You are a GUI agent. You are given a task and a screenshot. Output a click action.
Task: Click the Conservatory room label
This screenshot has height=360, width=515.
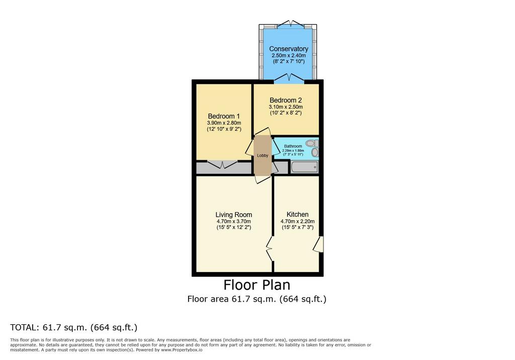pos(289,49)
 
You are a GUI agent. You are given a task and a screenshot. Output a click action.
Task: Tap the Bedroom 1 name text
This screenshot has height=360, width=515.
pos(224,116)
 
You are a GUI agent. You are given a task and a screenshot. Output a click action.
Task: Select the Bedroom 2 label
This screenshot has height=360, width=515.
pos(286,100)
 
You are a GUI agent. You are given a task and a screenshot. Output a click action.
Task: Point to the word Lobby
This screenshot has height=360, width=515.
pos(263,156)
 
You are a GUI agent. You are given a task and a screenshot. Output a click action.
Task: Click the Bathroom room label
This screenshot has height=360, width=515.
pos(293,146)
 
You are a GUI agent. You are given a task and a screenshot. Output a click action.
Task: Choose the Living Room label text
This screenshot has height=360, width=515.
pos(234,215)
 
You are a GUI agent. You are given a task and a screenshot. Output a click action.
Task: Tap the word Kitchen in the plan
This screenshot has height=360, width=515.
pos(298,215)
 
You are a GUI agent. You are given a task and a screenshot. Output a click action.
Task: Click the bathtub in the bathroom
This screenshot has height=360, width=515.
pos(304,167)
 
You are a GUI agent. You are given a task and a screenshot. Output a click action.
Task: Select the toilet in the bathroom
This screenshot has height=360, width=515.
pos(312,143)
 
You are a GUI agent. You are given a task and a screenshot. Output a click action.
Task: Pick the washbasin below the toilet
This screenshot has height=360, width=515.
pos(315,152)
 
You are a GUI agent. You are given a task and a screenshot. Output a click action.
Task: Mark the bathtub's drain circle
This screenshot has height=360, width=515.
pos(315,167)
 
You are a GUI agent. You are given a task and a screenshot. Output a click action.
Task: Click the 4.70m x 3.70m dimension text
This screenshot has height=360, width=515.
pos(234,221)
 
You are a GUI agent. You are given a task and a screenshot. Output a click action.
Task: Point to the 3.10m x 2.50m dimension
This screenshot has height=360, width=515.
pos(286,107)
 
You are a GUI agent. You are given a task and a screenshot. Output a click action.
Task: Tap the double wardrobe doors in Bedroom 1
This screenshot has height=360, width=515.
pos(222,164)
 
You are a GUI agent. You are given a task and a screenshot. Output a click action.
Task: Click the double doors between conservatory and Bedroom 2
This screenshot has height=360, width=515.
pos(289,77)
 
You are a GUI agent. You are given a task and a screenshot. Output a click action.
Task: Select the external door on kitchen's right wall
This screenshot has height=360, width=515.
pos(318,244)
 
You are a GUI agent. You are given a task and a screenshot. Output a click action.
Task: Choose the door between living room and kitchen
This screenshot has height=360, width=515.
pos(270,249)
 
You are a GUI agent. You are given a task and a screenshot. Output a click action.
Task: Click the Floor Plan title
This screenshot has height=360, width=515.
pos(257,285)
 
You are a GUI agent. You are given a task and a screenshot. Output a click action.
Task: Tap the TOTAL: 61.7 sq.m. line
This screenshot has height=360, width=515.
pos(73,327)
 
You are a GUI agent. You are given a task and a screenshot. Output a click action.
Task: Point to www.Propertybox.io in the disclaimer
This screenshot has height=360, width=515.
pos(182,350)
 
